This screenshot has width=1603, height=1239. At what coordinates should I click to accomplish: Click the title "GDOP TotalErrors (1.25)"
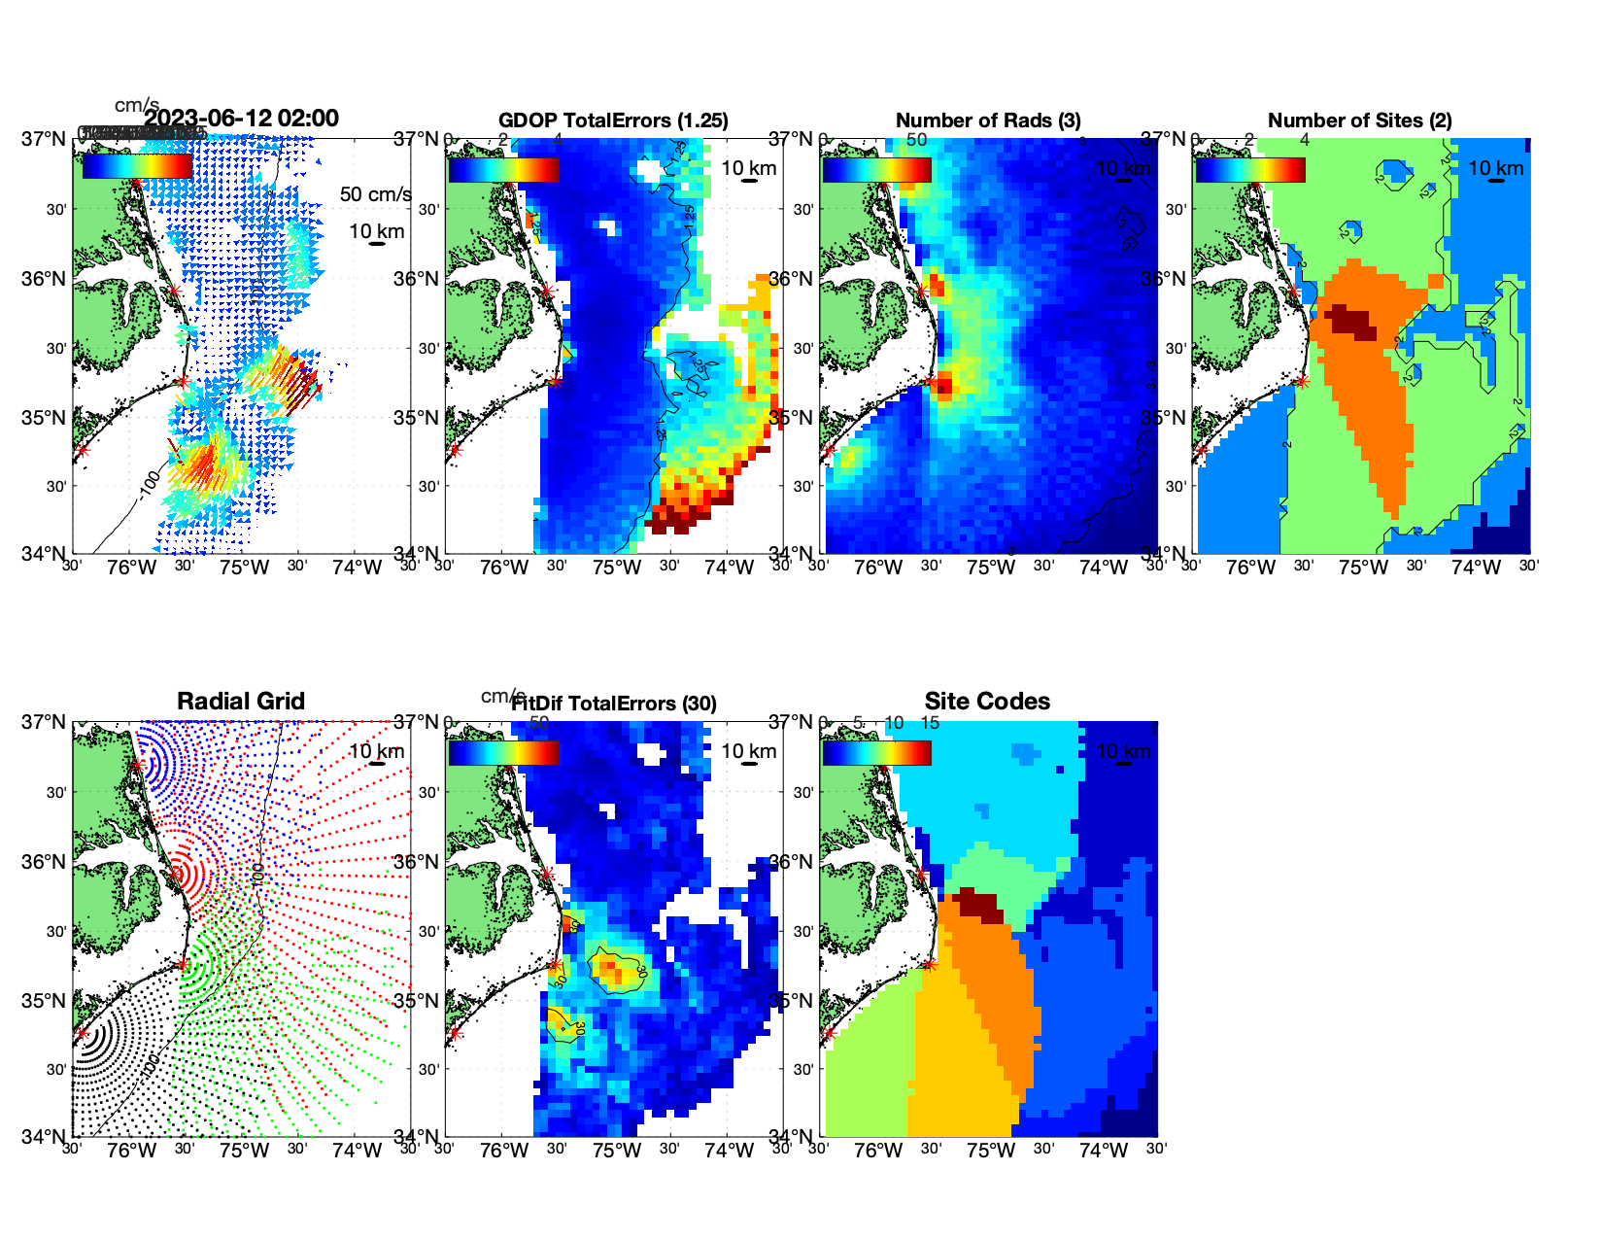tap(613, 120)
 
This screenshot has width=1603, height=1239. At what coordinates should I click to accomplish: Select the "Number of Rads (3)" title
tap(988, 120)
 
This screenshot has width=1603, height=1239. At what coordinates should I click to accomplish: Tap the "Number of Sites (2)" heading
tap(1359, 120)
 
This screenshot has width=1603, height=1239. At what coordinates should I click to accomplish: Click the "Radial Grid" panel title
tap(241, 702)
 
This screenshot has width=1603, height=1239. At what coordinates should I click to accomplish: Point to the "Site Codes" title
tap(987, 702)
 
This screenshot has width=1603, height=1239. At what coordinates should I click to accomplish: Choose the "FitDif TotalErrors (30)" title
tap(614, 704)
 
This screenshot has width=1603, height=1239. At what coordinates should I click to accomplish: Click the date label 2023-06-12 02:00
tap(241, 119)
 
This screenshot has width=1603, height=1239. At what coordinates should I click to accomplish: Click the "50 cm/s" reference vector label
tap(375, 194)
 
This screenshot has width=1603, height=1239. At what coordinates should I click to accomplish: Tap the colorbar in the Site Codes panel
tap(876, 752)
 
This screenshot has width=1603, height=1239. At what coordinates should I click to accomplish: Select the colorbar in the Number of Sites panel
tap(1249, 169)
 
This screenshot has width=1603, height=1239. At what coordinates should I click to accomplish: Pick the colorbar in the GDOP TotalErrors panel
tap(503, 169)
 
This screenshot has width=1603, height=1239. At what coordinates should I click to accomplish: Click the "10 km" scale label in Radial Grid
tap(376, 751)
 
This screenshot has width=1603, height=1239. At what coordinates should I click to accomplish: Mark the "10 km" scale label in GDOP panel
tap(748, 168)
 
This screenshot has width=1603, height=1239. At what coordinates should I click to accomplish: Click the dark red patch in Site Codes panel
tap(979, 907)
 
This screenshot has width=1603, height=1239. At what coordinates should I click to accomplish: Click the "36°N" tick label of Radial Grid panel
tap(46, 862)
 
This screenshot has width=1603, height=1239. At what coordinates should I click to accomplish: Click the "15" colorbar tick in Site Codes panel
tap(930, 723)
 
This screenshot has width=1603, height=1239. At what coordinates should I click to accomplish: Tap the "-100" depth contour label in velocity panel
tap(149, 482)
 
